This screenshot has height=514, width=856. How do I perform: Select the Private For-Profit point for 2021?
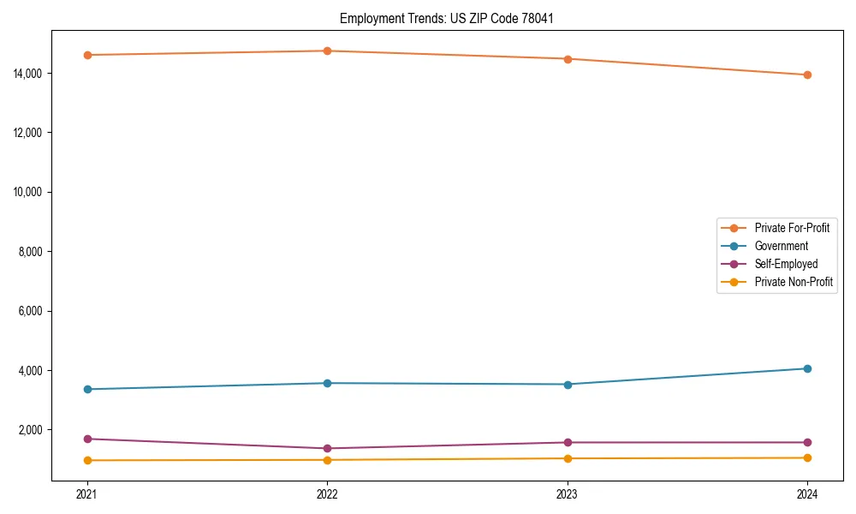click(x=86, y=55)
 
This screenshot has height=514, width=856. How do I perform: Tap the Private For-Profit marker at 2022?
click(x=327, y=51)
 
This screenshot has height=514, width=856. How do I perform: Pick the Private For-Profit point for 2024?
click(x=807, y=75)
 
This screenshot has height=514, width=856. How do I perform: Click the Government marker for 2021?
click(x=86, y=389)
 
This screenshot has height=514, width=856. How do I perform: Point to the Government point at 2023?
click(x=567, y=384)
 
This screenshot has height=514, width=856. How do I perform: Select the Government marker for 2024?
click(x=807, y=368)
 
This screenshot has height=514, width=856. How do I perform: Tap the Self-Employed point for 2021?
click(x=86, y=439)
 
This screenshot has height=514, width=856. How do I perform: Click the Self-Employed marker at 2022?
click(x=327, y=448)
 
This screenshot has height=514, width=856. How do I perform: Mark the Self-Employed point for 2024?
click(x=807, y=442)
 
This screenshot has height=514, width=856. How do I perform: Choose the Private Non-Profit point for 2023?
click(x=567, y=458)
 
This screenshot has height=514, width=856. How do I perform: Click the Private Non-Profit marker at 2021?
click(x=86, y=460)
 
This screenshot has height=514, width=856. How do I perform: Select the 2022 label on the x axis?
click(x=327, y=494)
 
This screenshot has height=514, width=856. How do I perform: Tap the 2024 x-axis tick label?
click(x=807, y=494)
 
